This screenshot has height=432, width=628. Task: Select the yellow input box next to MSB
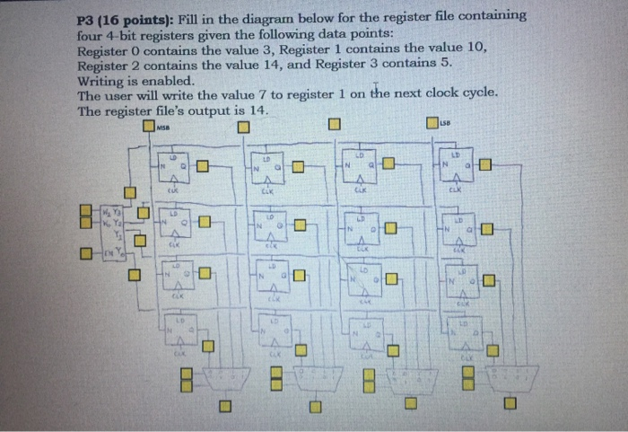pyautogui.click(x=148, y=127)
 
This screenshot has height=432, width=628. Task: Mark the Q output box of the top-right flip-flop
pyautogui.click(x=485, y=164)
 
